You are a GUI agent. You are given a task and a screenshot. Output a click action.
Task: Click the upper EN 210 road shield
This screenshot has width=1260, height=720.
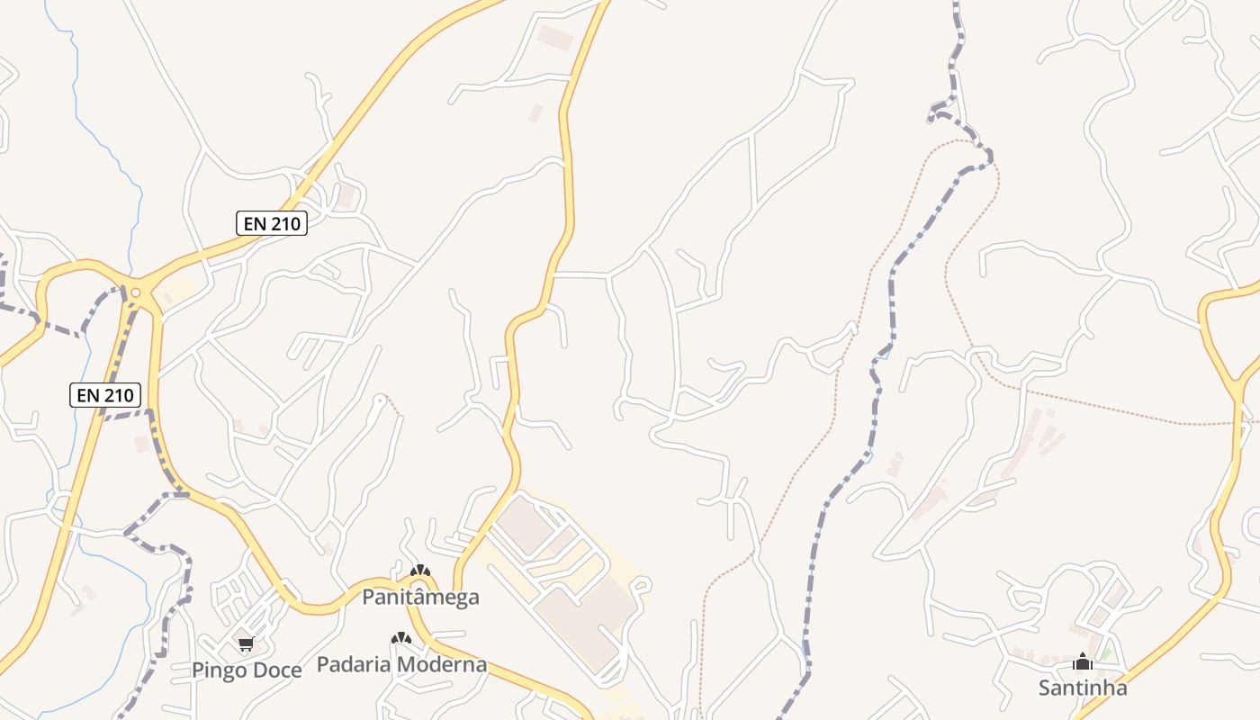click(x=272, y=223)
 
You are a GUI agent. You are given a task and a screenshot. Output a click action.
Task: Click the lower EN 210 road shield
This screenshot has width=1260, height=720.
click(x=105, y=394)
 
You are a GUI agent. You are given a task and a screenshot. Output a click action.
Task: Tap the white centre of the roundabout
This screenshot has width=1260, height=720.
click(x=135, y=292)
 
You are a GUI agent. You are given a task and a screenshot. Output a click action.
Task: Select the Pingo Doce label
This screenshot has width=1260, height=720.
click(x=246, y=670)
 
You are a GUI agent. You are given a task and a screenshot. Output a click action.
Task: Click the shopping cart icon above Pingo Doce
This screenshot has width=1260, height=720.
click(x=246, y=643)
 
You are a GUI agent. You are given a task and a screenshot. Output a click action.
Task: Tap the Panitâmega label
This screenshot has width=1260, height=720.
click(x=420, y=597)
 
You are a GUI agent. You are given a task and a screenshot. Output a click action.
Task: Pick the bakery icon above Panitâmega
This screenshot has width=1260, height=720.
click(x=419, y=571)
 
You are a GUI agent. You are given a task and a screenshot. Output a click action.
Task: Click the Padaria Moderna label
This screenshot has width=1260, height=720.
click(x=401, y=665)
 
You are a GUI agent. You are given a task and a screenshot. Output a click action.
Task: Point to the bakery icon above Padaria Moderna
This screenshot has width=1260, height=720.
click(x=400, y=638)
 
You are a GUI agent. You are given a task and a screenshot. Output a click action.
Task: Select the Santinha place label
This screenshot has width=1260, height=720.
click(x=1083, y=688)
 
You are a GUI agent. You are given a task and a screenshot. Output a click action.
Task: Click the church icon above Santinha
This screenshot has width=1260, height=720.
click(x=1083, y=662)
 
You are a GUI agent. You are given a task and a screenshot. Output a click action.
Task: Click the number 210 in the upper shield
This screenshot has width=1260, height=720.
click(x=285, y=223)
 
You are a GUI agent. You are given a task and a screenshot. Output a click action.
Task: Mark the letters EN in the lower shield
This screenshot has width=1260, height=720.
click(x=88, y=394)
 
